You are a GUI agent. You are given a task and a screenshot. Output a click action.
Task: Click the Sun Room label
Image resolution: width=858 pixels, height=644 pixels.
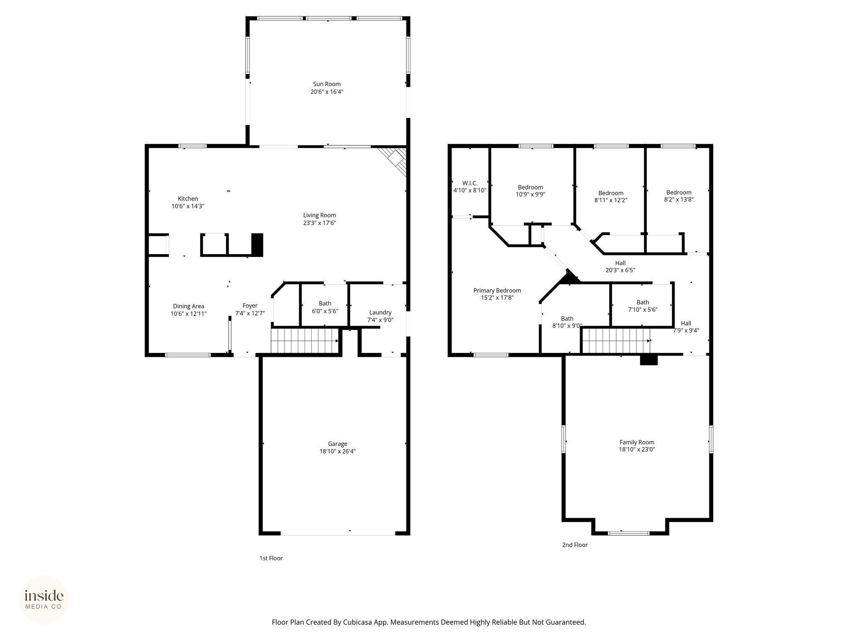[327, 84]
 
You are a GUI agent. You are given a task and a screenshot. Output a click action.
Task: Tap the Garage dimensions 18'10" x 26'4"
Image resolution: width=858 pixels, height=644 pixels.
[337, 451]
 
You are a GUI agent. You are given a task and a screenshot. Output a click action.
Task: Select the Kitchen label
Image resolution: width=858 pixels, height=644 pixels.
[188, 199]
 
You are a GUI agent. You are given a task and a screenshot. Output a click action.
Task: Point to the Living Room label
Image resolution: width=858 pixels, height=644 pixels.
[320, 216]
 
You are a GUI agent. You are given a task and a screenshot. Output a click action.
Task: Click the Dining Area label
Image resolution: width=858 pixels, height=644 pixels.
[189, 306]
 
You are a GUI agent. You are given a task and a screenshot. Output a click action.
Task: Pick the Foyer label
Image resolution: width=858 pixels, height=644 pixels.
[250, 306]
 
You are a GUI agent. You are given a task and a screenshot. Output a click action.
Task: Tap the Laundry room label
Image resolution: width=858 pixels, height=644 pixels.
[380, 312]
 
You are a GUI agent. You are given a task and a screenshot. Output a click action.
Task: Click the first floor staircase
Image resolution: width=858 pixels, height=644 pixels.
[305, 341]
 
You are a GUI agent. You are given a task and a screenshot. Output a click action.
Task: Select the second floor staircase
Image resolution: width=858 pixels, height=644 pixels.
[616, 341]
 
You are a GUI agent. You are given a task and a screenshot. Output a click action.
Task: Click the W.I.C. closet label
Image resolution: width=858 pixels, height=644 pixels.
[470, 183]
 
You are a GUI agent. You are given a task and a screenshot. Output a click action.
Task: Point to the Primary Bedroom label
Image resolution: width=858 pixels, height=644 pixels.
[497, 291]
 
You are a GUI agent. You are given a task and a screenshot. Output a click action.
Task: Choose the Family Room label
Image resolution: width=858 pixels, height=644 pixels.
[637, 442]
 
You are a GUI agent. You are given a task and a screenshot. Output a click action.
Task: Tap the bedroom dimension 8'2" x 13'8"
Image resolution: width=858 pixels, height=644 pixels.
[679, 200]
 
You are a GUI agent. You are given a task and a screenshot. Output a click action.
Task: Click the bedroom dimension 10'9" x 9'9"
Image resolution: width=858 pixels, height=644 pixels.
[530, 194]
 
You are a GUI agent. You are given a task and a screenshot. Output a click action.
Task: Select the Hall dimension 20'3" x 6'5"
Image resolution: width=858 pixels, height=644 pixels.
[620, 270]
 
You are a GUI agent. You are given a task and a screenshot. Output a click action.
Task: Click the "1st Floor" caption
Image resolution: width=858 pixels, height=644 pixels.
[271, 558]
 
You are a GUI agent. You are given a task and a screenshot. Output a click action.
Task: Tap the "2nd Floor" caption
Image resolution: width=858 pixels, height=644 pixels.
[575, 545]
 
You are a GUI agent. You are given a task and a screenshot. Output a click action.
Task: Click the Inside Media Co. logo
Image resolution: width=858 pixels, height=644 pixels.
[44, 600]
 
